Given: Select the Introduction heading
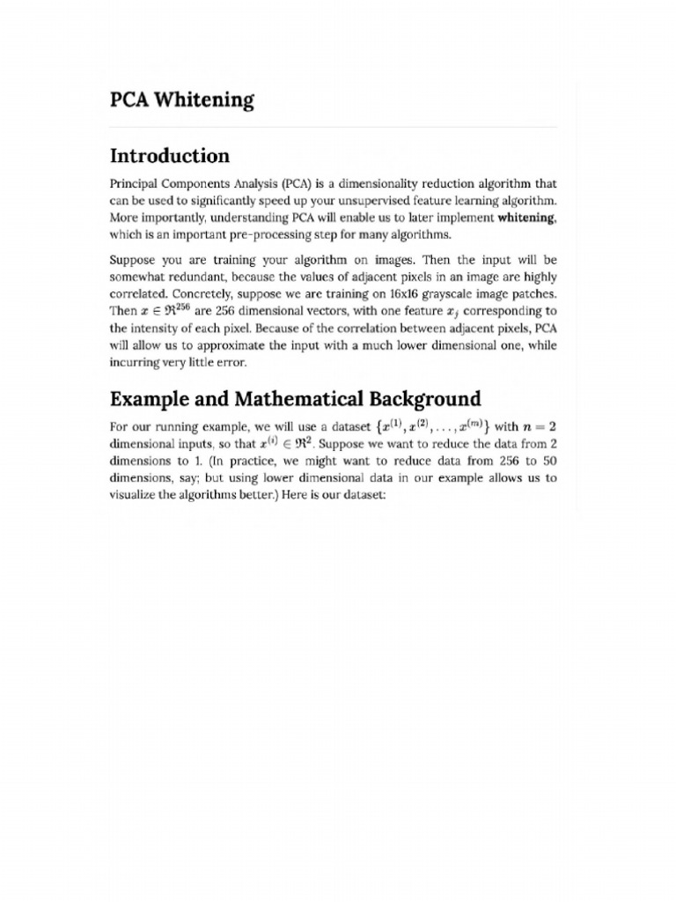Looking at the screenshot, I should pyautogui.click(x=169, y=156).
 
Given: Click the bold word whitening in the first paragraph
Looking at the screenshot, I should pyautogui.click(x=526, y=217).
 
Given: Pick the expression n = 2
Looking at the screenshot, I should pyautogui.click(x=537, y=427).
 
